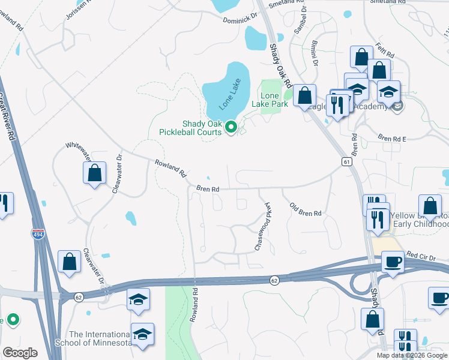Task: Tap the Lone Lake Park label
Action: (x=274, y=100)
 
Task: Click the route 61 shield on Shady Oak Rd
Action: (x=346, y=162)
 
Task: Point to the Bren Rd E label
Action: (x=392, y=139)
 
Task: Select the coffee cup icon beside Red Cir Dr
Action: (x=393, y=262)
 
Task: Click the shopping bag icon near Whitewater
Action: (x=94, y=173)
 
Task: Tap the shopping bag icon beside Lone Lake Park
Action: (x=304, y=95)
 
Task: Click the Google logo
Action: (x=20, y=353)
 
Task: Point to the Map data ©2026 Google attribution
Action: (x=411, y=355)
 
